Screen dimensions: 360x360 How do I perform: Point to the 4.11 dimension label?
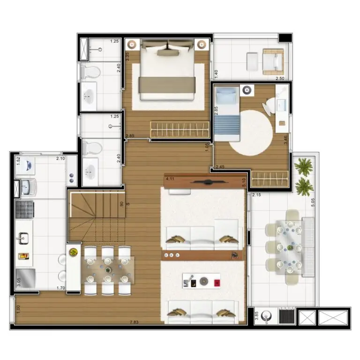tap(170, 179)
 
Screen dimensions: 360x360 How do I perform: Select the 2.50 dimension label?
tap(280, 78)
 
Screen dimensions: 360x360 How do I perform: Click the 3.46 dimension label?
tap(285, 139)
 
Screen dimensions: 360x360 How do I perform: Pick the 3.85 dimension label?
tap(256, 315)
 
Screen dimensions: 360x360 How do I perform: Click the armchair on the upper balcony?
tap(272, 61)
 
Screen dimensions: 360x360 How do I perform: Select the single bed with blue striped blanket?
tap(227, 116)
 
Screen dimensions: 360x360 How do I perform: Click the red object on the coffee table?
tap(217, 282)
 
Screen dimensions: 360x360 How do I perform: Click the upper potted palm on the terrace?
tap(303, 166)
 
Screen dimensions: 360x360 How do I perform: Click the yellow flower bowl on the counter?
tap(73, 252)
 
